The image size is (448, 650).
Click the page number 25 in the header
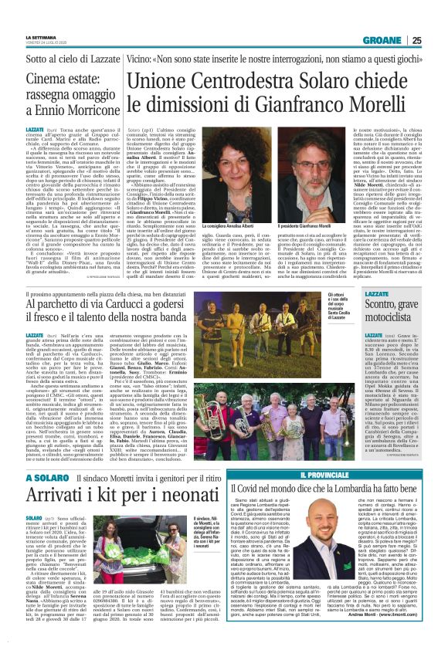437,40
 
